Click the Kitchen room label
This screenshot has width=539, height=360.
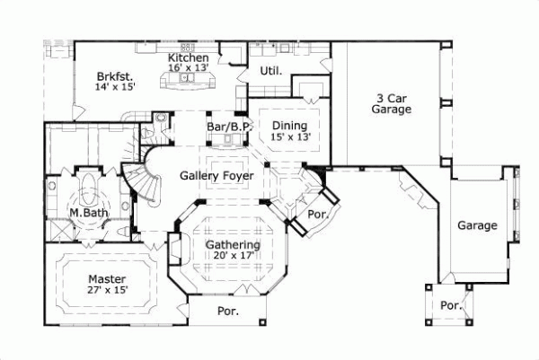[189, 57]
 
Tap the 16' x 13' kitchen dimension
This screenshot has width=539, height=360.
[189, 67]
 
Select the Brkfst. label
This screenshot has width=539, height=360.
[115, 77]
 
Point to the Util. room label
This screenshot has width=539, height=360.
[271, 70]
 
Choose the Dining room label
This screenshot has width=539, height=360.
[290, 125]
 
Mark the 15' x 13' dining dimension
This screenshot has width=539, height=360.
[290, 137]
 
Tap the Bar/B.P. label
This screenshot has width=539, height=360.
[228, 127]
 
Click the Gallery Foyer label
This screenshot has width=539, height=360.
[216, 176]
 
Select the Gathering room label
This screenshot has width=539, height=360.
[233, 244]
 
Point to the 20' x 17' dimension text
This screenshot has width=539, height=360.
[233, 256]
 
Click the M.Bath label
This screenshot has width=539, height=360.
[89, 213]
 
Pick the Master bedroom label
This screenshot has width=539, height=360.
[107, 279]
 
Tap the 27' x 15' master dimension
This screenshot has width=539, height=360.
[107, 291]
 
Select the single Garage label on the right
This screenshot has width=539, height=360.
[475, 225]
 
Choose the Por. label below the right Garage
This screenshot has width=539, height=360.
[450, 305]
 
